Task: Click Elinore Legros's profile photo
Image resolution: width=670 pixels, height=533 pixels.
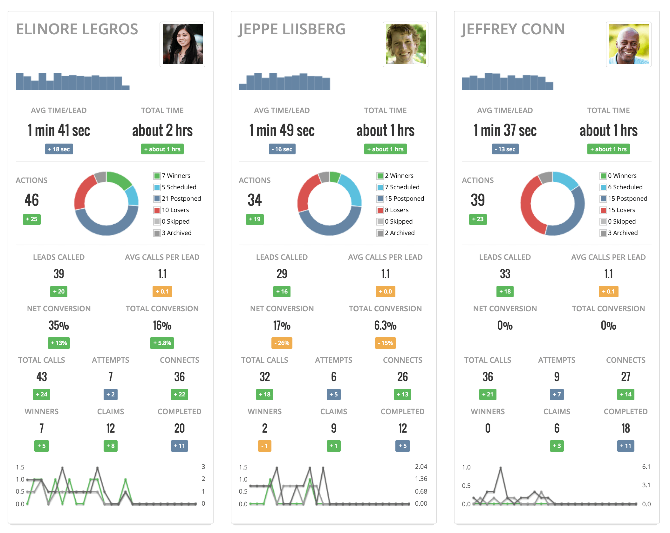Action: click(x=182, y=44)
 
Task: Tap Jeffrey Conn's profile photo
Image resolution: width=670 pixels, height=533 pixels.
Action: click(x=628, y=44)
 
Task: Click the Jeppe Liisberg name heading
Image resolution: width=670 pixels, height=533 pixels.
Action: click(x=292, y=29)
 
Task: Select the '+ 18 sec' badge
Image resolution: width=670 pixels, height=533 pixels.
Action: click(x=59, y=149)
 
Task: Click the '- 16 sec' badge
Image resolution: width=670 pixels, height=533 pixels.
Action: click(x=282, y=149)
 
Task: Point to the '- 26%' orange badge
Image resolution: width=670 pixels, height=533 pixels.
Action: click(x=282, y=343)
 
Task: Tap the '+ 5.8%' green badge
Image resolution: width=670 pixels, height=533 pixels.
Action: click(x=162, y=343)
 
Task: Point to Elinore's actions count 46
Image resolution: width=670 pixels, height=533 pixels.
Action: click(x=32, y=200)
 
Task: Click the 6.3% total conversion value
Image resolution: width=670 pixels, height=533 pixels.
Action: click(x=385, y=326)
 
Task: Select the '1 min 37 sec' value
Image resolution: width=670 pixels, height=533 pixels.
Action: click(x=505, y=130)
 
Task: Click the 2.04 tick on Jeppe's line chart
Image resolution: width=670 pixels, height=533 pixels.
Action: click(x=421, y=467)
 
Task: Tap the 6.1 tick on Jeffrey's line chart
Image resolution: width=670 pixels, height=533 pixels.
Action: click(x=646, y=467)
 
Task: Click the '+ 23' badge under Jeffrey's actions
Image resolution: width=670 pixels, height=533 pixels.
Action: click(x=478, y=219)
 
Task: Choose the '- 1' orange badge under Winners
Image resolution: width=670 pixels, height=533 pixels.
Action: click(x=264, y=446)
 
